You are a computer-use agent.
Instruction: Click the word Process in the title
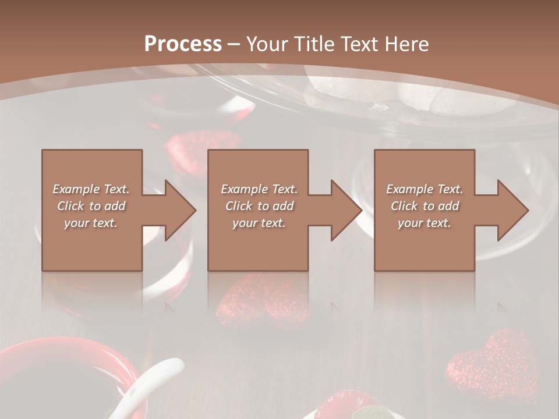[x=183, y=44]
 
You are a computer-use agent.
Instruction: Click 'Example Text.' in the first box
[x=91, y=189]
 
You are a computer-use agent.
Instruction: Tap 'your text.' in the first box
[x=91, y=223]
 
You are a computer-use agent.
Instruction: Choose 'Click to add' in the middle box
[x=259, y=206]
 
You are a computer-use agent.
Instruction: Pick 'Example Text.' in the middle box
[x=259, y=189]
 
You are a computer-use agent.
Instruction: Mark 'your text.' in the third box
[x=424, y=223]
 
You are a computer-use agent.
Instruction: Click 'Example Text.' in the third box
[x=424, y=189]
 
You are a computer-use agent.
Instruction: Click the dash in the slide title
[x=234, y=44]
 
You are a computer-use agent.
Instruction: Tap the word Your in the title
[x=266, y=44]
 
